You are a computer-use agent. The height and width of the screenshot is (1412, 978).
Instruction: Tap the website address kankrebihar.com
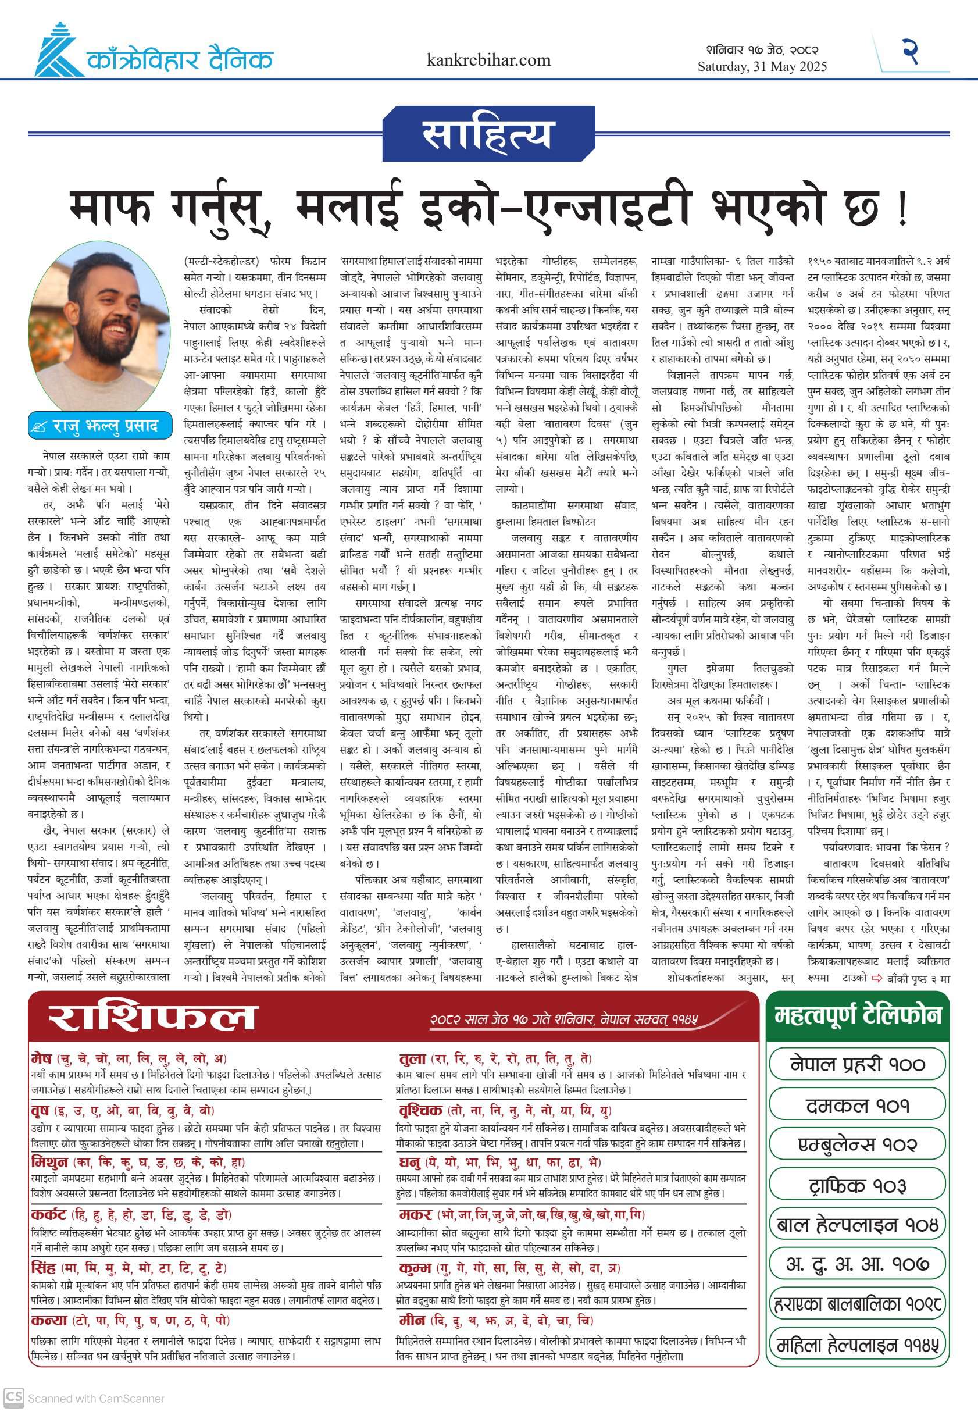(x=488, y=60)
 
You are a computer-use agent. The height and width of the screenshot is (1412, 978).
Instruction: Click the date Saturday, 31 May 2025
(x=762, y=66)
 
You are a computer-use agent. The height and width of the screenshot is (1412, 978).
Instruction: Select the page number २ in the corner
(x=911, y=52)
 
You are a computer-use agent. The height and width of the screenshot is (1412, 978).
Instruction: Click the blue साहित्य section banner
(x=488, y=134)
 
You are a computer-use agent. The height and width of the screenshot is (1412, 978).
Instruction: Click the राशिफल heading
(x=153, y=1018)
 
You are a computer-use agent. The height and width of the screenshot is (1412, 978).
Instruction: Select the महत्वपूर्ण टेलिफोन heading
(x=857, y=1015)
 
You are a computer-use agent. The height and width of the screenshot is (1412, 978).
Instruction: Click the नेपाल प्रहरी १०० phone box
(x=857, y=1064)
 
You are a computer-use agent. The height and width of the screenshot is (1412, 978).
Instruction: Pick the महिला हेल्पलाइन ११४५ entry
(x=857, y=1346)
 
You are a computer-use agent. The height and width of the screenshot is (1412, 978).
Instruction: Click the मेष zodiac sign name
(x=42, y=1058)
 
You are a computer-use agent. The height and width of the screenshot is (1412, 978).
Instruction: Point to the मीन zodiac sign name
(x=412, y=1320)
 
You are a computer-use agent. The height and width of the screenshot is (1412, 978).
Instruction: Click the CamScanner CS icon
(x=13, y=1397)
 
